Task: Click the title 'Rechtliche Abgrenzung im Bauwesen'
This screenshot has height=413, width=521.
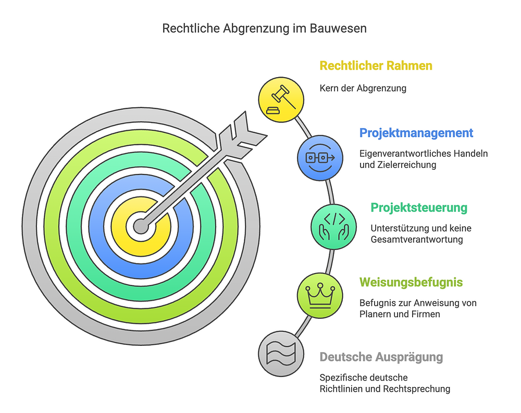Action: [x=264, y=28]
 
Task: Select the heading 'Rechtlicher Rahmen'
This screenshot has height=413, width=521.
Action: [x=376, y=66]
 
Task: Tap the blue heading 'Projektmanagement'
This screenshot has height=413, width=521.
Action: [x=416, y=133]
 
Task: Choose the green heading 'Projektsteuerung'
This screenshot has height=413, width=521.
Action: [x=419, y=208]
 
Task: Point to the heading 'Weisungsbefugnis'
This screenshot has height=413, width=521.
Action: [x=411, y=282]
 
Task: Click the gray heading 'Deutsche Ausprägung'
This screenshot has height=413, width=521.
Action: [x=381, y=357]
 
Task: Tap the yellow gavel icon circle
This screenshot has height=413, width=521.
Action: [x=281, y=99]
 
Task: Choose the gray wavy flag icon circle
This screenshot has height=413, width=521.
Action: [x=280, y=354]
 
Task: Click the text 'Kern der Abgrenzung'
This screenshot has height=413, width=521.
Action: [x=363, y=88]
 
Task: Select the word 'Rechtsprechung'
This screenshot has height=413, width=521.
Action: [x=420, y=389]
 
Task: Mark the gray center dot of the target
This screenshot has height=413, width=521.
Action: [x=141, y=226]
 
